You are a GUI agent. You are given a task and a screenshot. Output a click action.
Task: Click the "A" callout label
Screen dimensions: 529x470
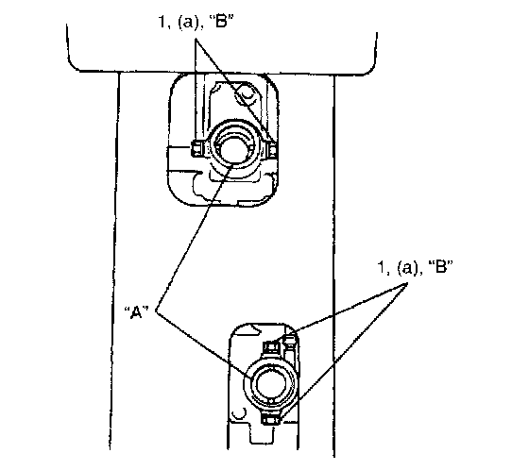pyautogui.click(x=137, y=312)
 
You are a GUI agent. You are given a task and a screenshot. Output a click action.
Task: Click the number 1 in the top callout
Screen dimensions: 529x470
pyautogui.click(x=162, y=23)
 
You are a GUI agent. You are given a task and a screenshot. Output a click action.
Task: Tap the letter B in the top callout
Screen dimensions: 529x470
pyautogui.click(x=222, y=22)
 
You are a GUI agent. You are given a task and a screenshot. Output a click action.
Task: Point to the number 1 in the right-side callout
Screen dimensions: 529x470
pyautogui.click(x=381, y=267)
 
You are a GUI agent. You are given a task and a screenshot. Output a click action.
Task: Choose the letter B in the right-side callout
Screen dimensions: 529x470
pyautogui.click(x=440, y=267)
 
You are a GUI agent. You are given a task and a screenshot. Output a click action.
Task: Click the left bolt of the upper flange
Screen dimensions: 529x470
pyautogui.click(x=196, y=148)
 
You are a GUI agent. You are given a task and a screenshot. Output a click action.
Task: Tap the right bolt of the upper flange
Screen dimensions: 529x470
pyautogui.click(x=273, y=149)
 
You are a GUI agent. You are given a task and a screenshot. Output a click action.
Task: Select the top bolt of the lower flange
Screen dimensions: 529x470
pyautogui.click(x=271, y=346)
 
